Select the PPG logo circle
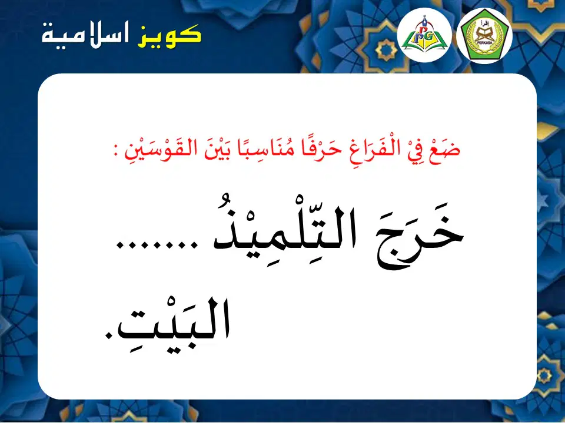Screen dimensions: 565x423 click(424, 35)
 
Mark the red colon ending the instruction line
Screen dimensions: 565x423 click(117, 152)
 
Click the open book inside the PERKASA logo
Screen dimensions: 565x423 click(484, 34)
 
